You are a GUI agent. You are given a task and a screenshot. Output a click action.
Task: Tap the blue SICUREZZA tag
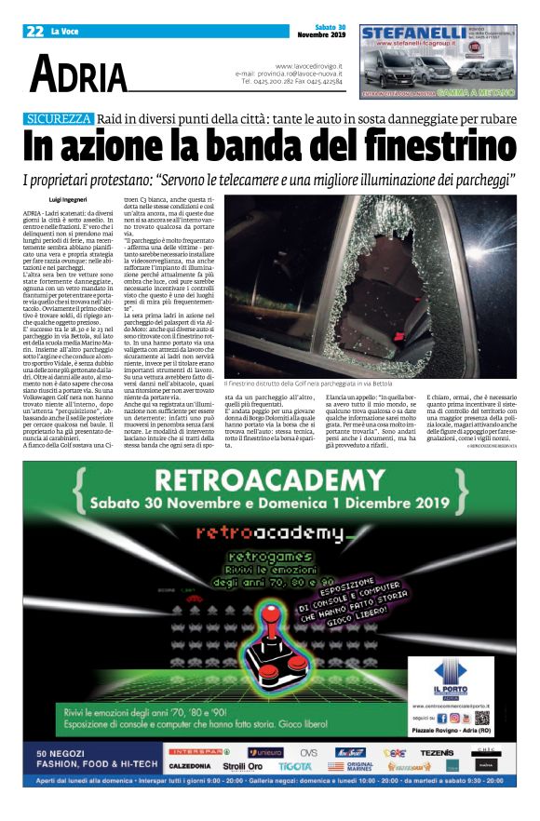(59, 118)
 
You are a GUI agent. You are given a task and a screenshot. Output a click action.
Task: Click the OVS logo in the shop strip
(308, 750)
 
